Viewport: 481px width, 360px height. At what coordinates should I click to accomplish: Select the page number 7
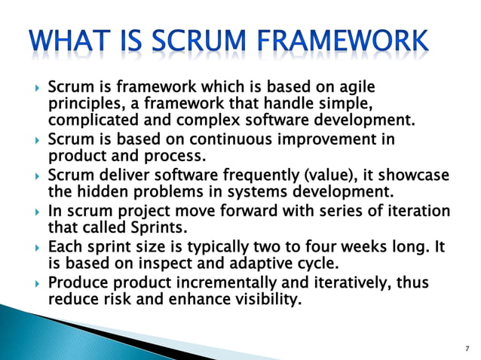pyautogui.click(x=467, y=347)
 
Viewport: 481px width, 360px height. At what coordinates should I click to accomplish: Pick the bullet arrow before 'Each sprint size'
pyautogui.click(x=37, y=246)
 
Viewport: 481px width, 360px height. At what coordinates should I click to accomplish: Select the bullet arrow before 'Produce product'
pyautogui.click(x=37, y=282)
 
